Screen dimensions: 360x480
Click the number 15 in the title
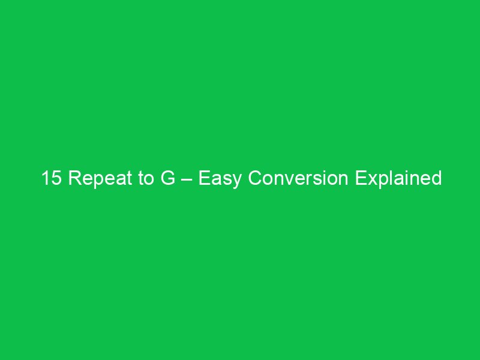point(51,178)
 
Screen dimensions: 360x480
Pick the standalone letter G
point(167,178)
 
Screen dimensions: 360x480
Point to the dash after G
point(187,179)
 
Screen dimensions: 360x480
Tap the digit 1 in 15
point(46,178)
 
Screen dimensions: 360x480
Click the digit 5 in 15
point(56,178)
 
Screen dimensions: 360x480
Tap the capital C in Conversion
point(255,178)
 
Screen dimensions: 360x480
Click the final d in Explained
point(436,178)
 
